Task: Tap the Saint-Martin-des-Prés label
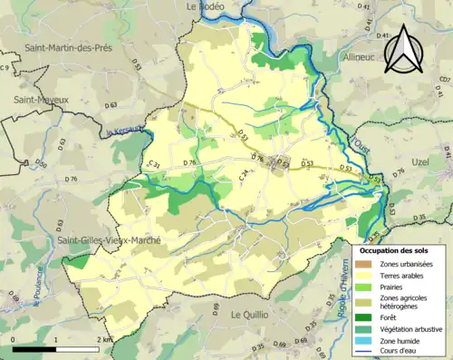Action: coord(67,47)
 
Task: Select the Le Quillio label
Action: coord(252,314)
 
